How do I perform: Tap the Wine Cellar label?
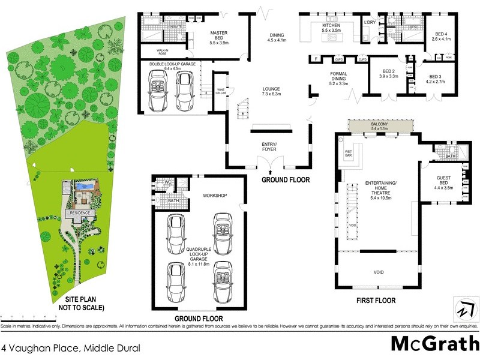[x=221, y=91]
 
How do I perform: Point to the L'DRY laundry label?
[x=370, y=23]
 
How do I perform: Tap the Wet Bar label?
[x=348, y=154]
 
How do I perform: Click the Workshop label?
[x=214, y=196]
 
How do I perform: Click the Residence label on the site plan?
[x=80, y=213]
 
